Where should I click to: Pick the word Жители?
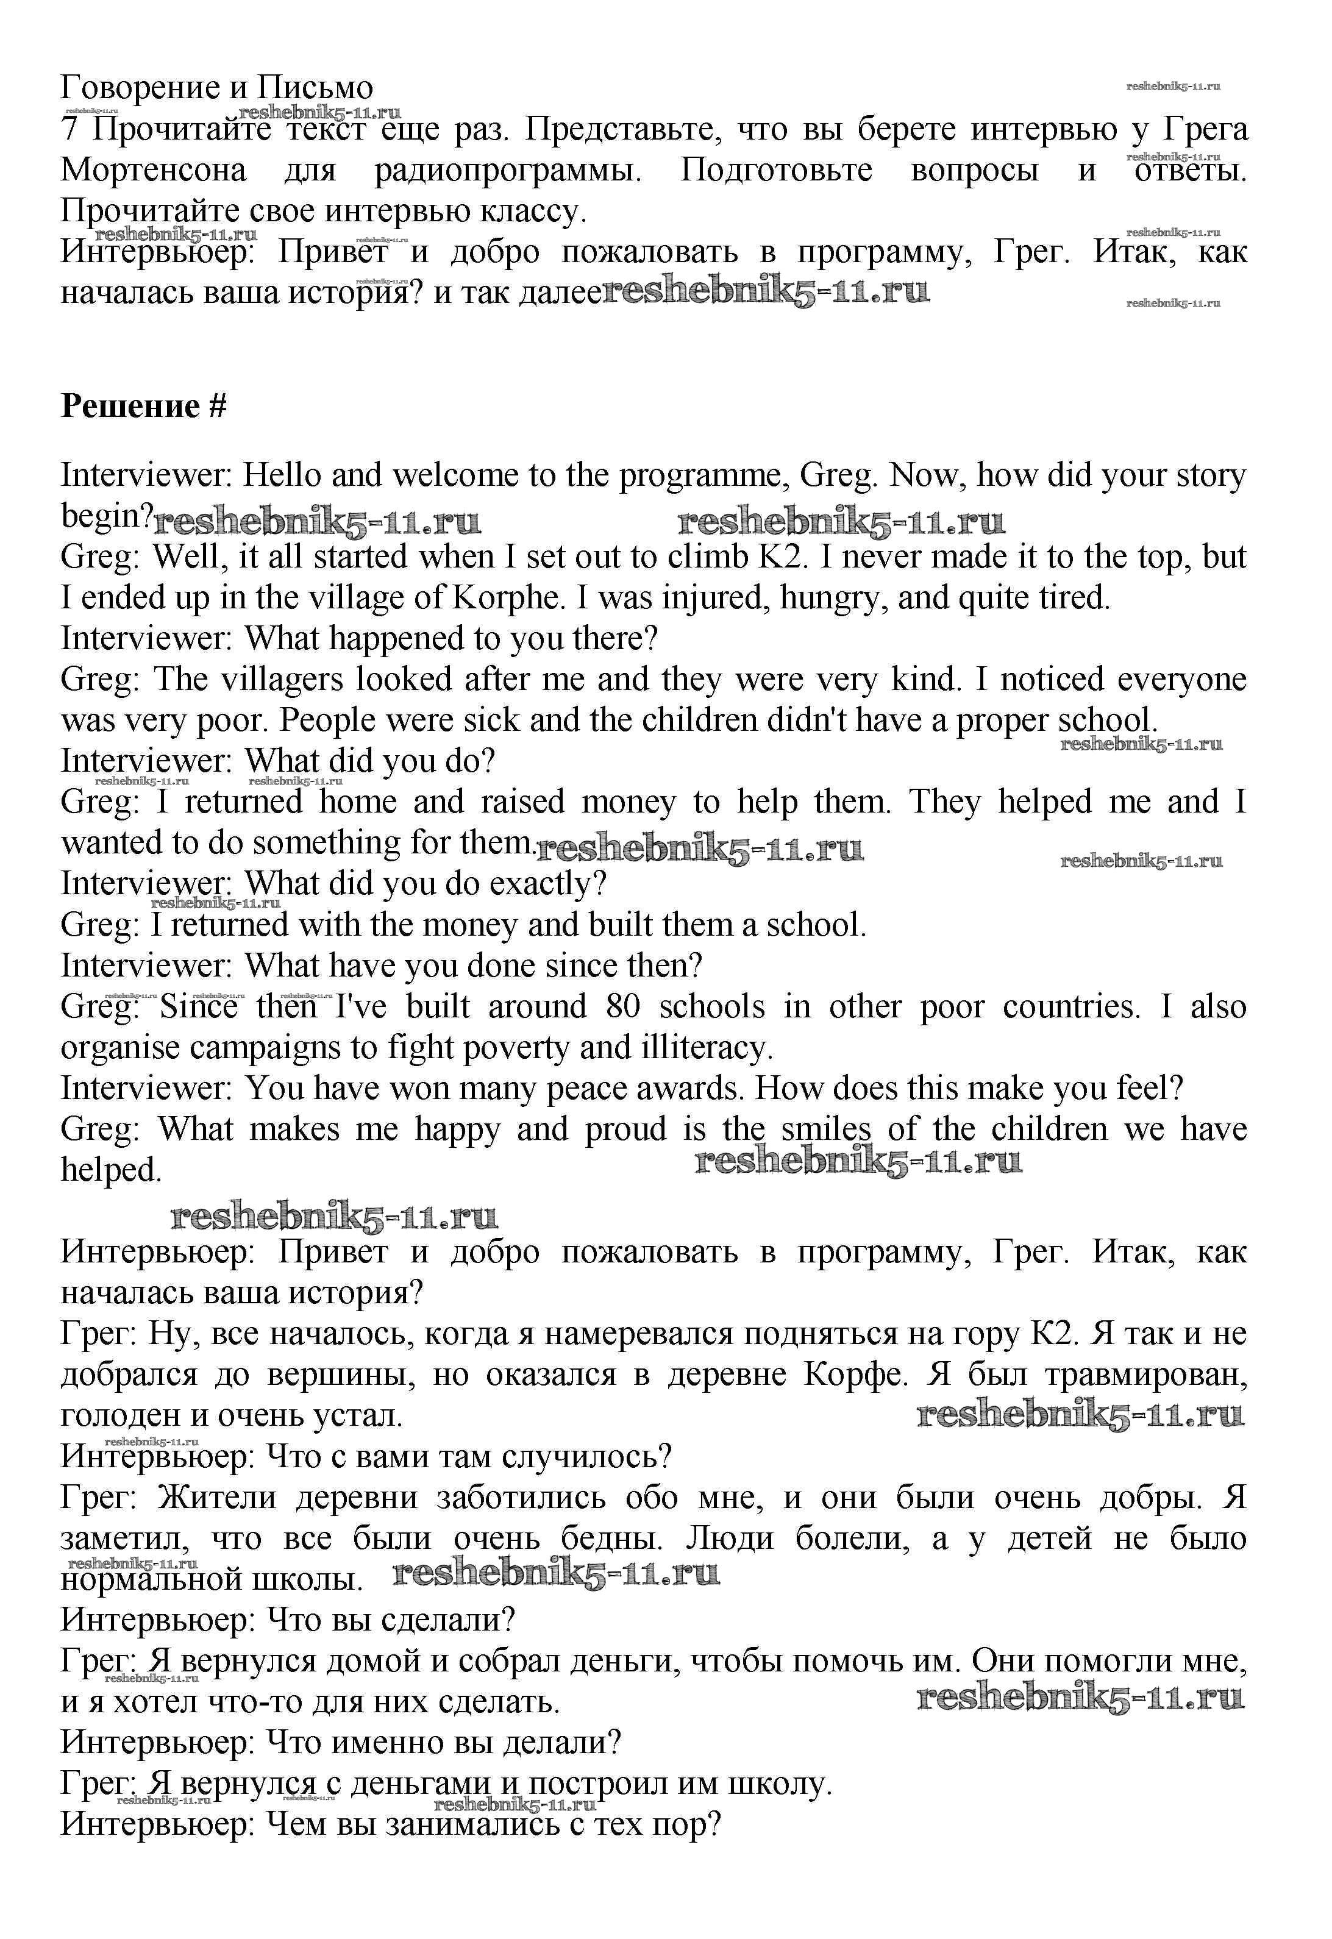tap(216, 1498)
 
